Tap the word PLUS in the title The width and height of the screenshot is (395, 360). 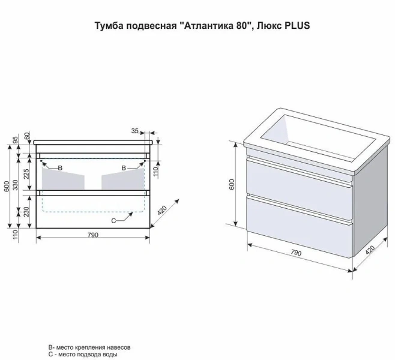(297, 26)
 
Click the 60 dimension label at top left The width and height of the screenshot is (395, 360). (27, 136)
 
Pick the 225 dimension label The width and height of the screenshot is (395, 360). (27, 174)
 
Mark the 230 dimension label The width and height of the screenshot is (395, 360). (27, 212)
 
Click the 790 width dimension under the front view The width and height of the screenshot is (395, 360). (93, 235)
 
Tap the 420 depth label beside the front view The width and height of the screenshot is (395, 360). (163, 211)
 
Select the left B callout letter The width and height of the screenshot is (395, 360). (60, 168)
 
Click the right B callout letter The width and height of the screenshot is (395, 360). (124, 168)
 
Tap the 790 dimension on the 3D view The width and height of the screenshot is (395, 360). (296, 253)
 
